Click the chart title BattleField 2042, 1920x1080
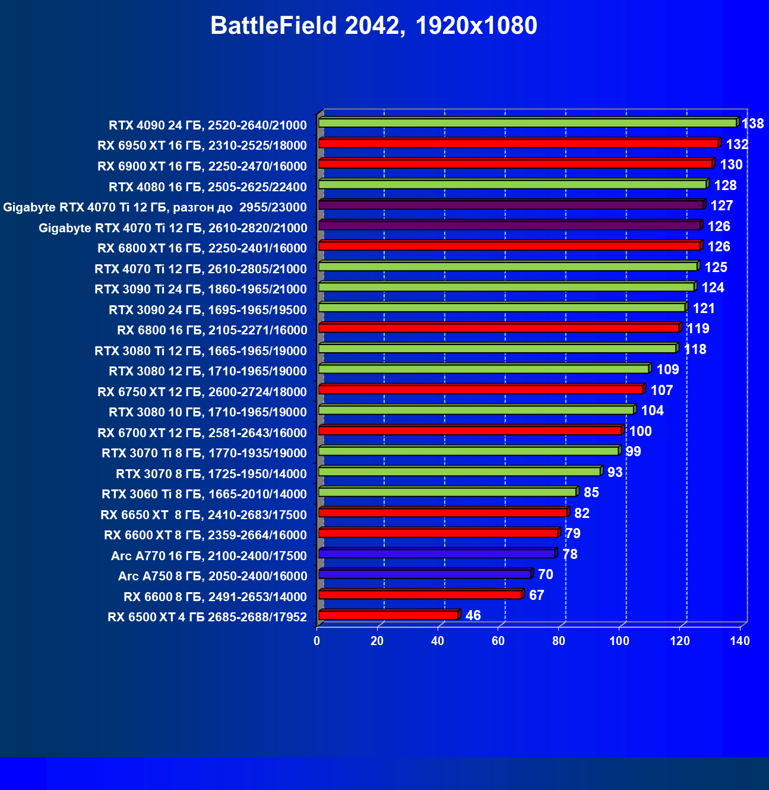[x=374, y=26]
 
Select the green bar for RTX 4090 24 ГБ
[x=527, y=123]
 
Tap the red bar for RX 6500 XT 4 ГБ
[x=388, y=615]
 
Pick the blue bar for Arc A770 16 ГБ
[x=436, y=554]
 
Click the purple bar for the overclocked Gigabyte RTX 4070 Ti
[x=511, y=205]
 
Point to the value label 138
[x=753, y=124]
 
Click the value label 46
[x=473, y=615]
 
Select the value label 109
[x=667, y=369]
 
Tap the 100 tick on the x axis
[x=619, y=641]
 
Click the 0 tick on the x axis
[x=317, y=641]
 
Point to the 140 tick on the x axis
[x=740, y=641]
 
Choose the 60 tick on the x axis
[x=498, y=641]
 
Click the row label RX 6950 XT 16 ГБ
[x=202, y=146]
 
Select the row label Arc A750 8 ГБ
[x=213, y=576]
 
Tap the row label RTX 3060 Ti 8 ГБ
[x=204, y=494]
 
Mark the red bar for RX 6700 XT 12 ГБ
[x=470, y=431]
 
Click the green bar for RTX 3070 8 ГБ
[x=460, y=472]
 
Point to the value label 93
[x=615, y=472]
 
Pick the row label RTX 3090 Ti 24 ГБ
[x=201, y=289]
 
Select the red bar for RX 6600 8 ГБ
[x=420, y=595]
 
